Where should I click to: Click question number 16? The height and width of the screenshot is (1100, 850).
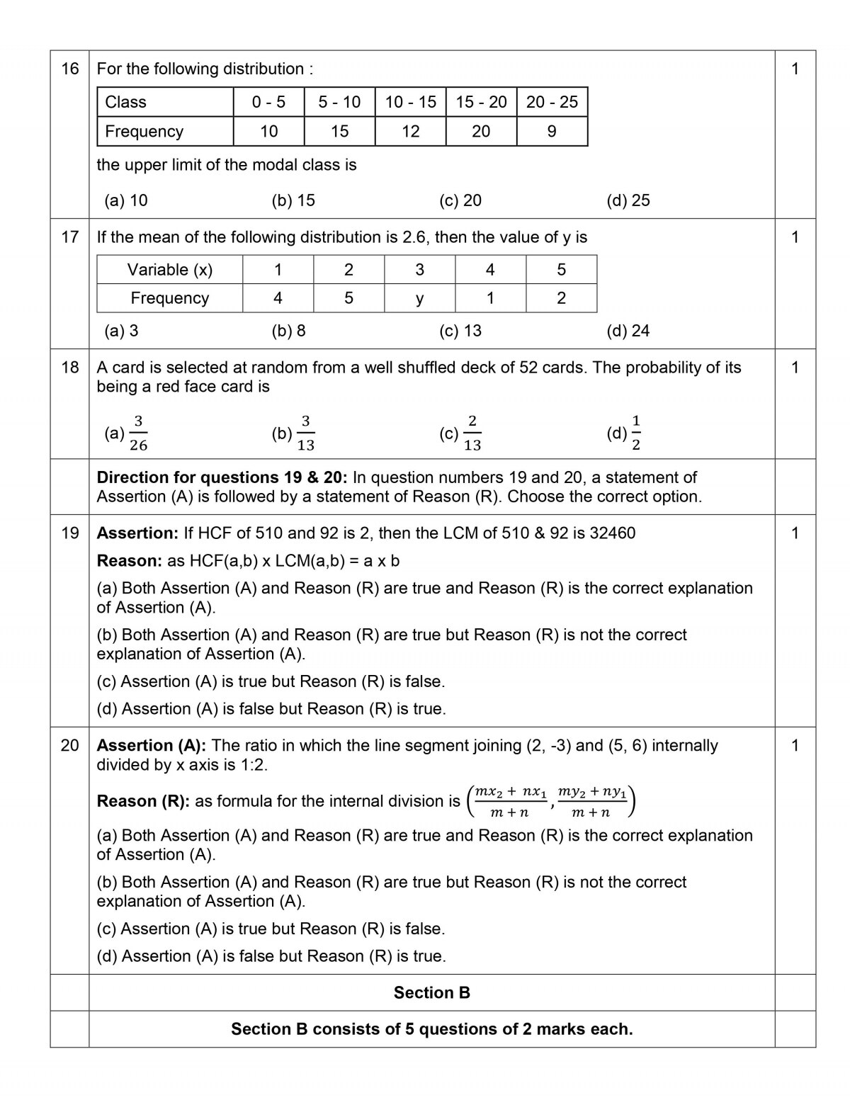coord(69,69)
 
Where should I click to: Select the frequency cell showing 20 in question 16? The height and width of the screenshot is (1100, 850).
coord(481,131)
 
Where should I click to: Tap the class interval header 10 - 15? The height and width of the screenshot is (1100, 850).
coord(410,102)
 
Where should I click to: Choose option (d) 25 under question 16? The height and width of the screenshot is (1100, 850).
coord(628,200)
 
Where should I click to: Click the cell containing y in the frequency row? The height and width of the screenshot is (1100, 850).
coord(419,298)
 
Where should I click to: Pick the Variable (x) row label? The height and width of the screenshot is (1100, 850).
coord(169,269)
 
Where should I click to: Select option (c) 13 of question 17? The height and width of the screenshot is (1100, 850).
coord(460,331)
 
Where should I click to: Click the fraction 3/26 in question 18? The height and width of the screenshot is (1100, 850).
coord(138,433)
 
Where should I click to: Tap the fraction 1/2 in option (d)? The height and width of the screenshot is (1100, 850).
coord(636,433)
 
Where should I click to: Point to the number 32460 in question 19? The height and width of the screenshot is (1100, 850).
coord(612,533)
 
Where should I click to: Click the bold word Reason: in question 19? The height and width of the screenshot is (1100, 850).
coord(130,560)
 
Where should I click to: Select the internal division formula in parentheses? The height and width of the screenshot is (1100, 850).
coord(551,801)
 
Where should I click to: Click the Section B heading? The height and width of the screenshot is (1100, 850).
coord(431,992)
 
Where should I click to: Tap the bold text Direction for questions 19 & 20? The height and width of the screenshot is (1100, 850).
coord(222,477)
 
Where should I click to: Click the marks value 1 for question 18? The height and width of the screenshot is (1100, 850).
coord(795,367)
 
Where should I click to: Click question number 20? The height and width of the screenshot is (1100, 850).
coord(69,745)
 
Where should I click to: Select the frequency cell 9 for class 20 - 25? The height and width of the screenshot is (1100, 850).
coord(552,131)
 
